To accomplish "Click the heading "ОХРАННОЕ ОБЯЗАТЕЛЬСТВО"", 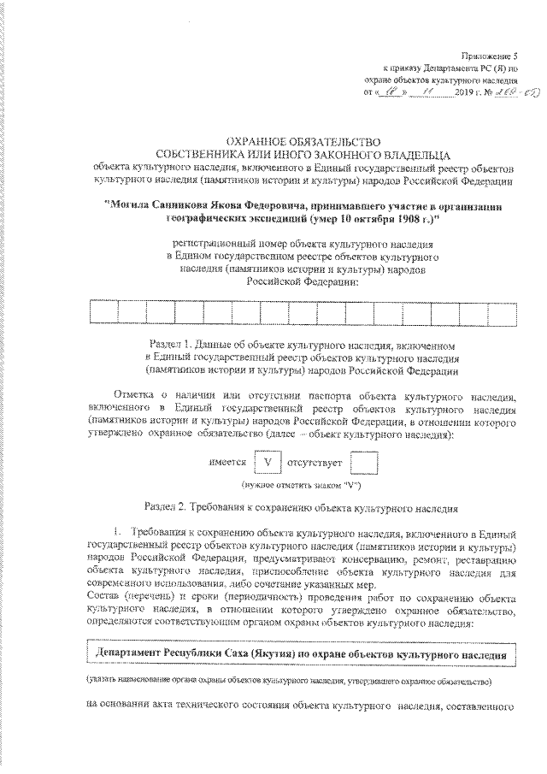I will tap(284, 140).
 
